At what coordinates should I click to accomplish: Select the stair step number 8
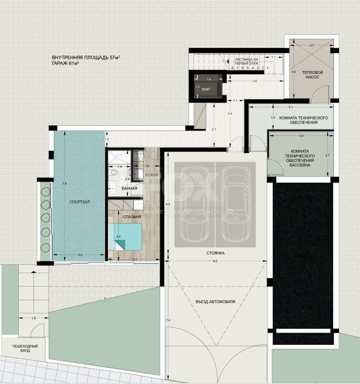(232, 67)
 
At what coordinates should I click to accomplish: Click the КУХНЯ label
(152, 175)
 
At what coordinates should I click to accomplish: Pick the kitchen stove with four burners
(138, 157)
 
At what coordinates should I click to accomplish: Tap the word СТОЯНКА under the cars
(215, 253)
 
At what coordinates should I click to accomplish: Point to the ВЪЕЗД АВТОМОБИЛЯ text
(216, 302)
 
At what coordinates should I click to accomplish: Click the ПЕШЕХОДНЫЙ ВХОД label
(25, 349)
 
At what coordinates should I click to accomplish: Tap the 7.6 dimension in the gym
(65, 184)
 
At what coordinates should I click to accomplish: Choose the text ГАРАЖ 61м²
(66, 64)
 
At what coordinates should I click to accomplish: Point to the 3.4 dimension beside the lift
(254, 81)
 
